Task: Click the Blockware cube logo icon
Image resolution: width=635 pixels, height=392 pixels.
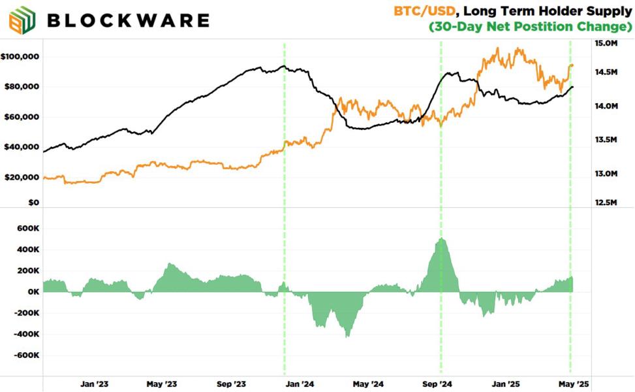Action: (22, 20)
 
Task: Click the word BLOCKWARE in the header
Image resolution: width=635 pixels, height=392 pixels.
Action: (128, 20)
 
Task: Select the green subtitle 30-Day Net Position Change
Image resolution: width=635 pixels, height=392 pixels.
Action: (531, 27)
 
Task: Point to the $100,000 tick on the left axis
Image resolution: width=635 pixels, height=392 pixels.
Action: (20, 57)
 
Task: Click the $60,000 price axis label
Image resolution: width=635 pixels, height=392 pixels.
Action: (22, 117)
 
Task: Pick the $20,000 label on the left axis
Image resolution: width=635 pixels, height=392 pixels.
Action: (22, 177)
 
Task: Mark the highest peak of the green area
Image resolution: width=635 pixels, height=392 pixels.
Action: (442, 239)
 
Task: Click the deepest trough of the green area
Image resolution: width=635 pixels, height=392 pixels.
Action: (347, 336)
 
